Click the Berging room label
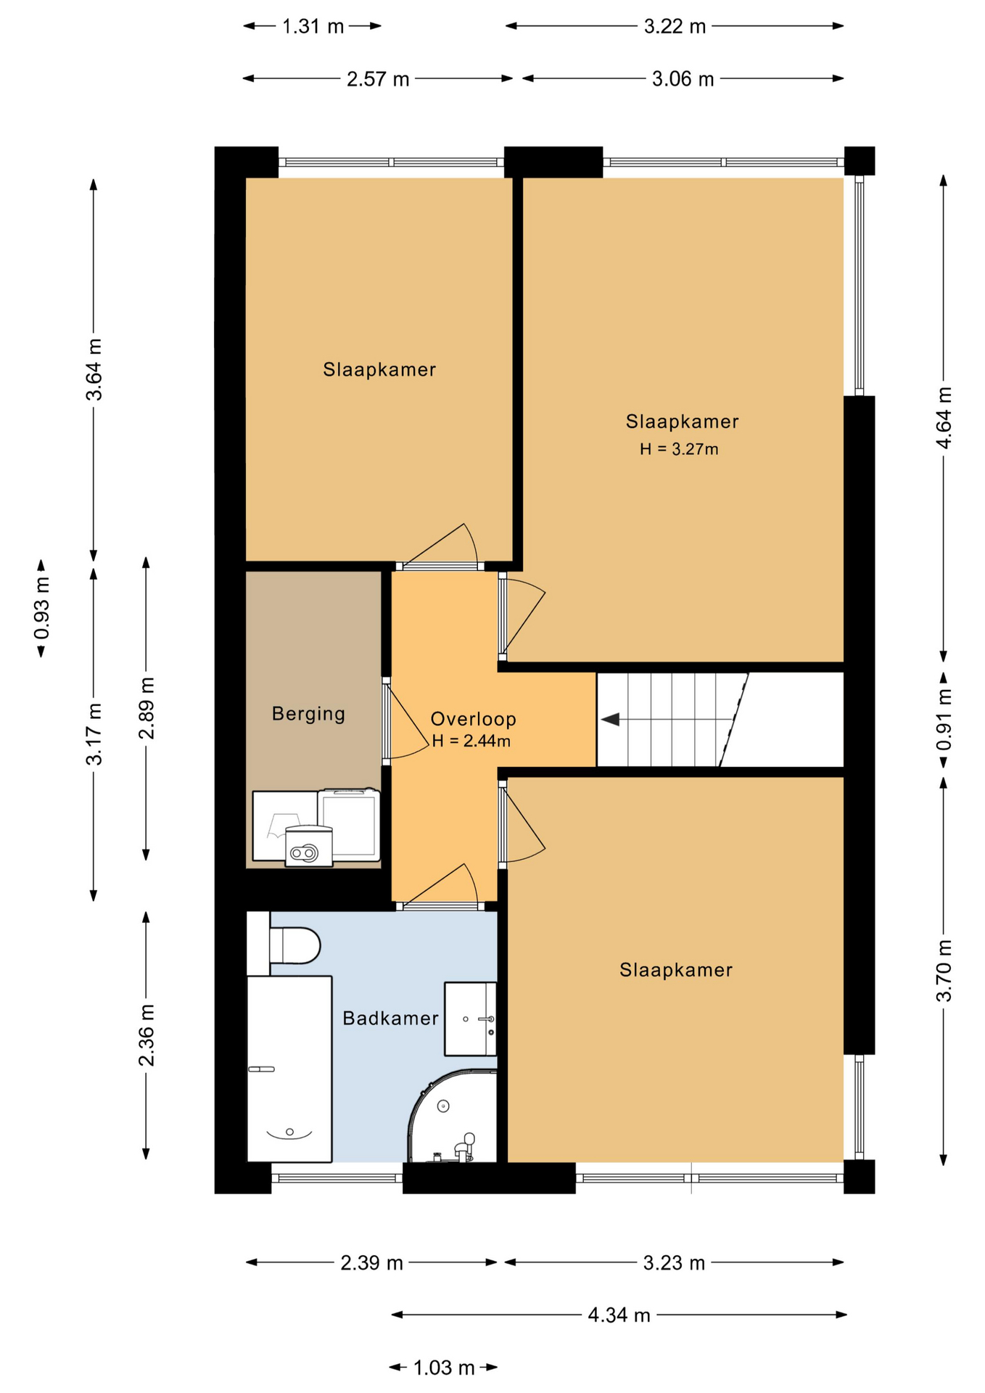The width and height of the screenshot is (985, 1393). click(308, 714)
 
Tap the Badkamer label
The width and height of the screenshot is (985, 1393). click(390, 1019)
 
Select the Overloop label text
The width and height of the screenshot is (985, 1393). click(473, 719)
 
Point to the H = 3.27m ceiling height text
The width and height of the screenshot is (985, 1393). click(679, 449)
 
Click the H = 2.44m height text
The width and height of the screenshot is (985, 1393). click(471, 741)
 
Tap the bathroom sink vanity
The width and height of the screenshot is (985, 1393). click(470, 1019)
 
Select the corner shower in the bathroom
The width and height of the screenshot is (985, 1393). click(453, 1116)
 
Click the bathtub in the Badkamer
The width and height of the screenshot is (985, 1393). click(289, 1069)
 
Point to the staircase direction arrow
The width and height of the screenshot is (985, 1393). click(610, 720)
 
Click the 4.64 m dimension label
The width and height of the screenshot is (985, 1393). click(944, 418)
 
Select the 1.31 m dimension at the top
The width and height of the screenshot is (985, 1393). click(313, 26)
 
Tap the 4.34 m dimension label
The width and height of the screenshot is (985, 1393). click(619, 1315)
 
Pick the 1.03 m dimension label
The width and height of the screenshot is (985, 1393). click(444, 1368)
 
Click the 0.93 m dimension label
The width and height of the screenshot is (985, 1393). click(42, 608)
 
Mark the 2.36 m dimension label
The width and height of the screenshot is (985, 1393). click(147, 1035)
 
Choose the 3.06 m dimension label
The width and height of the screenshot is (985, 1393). click(683, 78)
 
